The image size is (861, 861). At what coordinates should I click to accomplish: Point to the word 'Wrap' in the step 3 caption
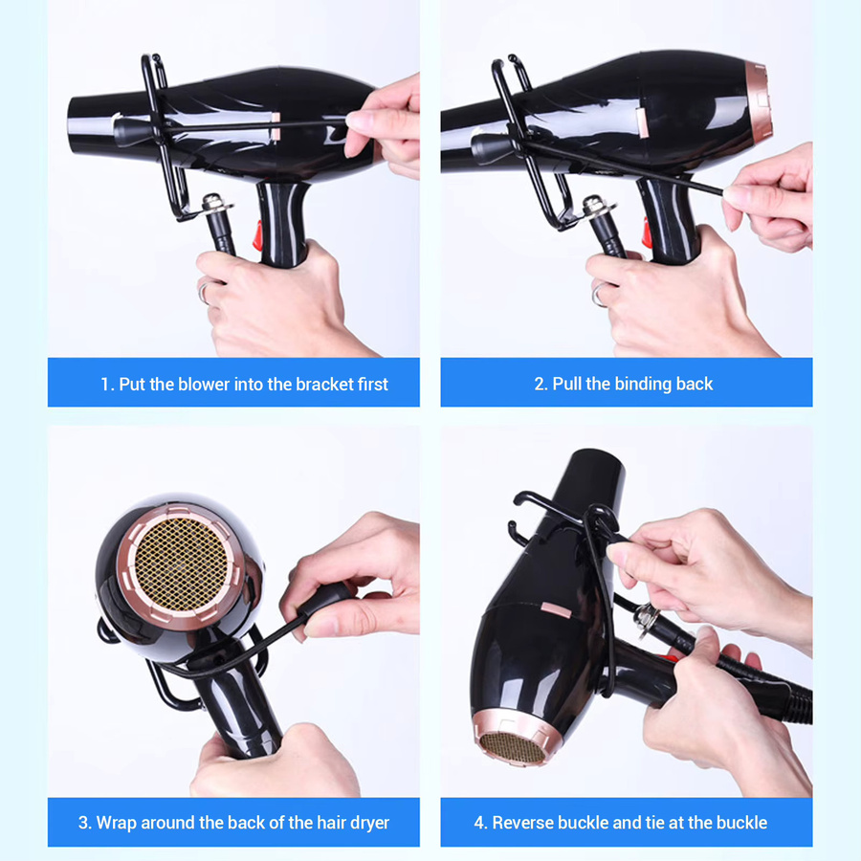click(117, 823)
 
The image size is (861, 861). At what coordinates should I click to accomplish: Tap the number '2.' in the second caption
click(541, 384)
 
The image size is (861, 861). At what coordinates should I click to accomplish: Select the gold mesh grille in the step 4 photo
click(512, 748)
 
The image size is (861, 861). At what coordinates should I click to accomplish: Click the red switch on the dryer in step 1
click(257, 235)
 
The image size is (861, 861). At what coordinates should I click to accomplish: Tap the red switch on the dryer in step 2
click(648, 232)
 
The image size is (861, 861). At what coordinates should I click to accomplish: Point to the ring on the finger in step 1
click(204, 293)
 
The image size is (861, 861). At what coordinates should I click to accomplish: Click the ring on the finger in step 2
click(598, 295)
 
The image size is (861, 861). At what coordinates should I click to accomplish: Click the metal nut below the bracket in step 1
click(217, 204)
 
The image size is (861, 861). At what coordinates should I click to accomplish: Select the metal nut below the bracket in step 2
click(597, 206)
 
